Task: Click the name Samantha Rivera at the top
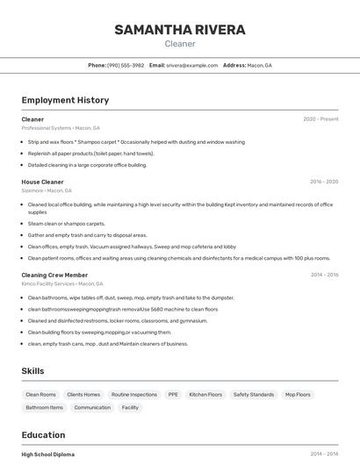(x=180, y=30)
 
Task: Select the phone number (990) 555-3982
(x=126, y=65)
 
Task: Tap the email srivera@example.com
(x=191, y=65)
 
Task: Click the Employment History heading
(x=65, y=100)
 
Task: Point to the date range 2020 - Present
(x=320, y=119)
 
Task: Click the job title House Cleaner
(x=42, y=182)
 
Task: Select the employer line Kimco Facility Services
(x=61, y=283)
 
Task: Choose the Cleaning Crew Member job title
(x=54, y=275)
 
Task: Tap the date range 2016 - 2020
(x=323, y=182)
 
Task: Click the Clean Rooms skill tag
(x=40, y=395)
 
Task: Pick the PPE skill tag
(x=173, y=395)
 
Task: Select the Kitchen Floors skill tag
(x=205, y=395)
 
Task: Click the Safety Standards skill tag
(x=254, y=395)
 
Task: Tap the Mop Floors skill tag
(x=298, y=395)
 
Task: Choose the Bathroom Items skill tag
(x=44, y=407)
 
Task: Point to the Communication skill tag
(x=92, y=407)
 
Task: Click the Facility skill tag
(x=130, y=407)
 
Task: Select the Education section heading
(x=43, y=435)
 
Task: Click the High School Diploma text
(x=47, y=454)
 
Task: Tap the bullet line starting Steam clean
(x=66, y=224)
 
